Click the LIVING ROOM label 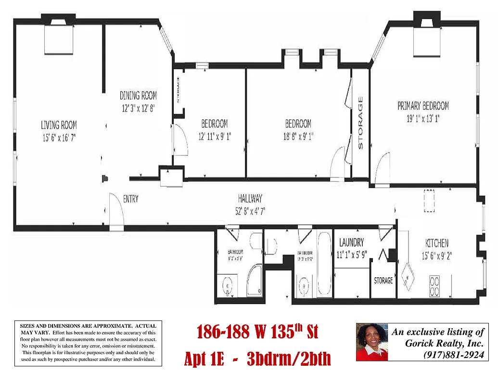tap(59, 125)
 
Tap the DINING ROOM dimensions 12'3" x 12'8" tap(138, 109)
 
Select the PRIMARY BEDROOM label tap(423, 105)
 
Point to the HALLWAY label tap(250, 198)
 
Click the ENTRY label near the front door tap(130, 199)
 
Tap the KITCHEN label tap(436, 243)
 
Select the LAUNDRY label tap(351, 243)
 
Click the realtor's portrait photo tap(371, 342)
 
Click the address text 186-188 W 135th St tap(257, 332)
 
